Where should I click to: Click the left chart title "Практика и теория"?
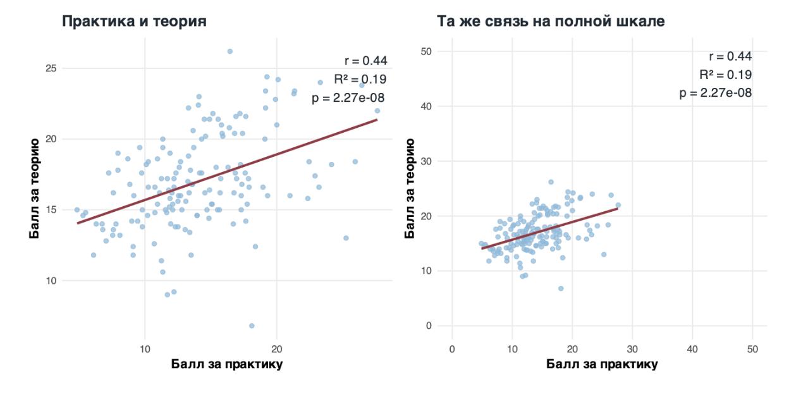click(133, 22)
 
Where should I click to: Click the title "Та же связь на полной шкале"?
click(551, 22)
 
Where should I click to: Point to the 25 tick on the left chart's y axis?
click(51, 68)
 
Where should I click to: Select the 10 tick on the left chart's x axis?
click(145, 348)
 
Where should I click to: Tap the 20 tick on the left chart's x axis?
click(276, 348)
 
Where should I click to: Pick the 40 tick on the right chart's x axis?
click(692, 348)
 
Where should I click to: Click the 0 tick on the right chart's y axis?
click(429, 326)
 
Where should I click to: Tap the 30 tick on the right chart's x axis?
click(632, 348)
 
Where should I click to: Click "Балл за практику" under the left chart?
click(227, 365)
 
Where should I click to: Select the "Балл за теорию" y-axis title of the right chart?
click(410, 188)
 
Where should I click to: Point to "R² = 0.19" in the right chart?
click(725, 75)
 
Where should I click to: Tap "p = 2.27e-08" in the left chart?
click(348, 97)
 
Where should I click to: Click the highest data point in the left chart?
click(230, 51)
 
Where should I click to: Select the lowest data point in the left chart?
click(252, 326)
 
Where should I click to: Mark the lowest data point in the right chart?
click(560, 288)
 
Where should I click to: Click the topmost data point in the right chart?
click(551, 181)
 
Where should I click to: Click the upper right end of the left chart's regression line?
click(377, 120)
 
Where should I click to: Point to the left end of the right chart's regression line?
click(482, 249)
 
